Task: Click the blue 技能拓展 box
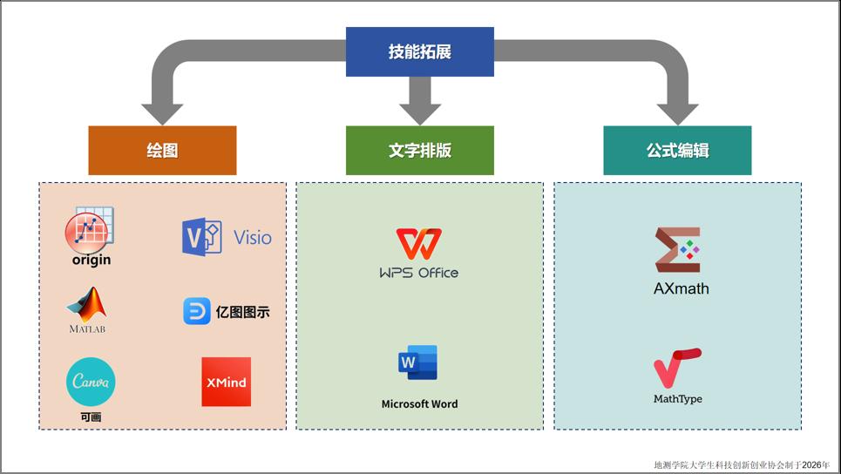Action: click(419, 51)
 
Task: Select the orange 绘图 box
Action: click(162, 150)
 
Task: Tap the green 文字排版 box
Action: click(419, 150)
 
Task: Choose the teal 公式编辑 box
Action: click(677, 150)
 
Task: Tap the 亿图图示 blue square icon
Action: click(197, 311)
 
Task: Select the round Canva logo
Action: click(91, 382)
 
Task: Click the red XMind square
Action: click(226, 382)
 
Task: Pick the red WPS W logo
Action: click(418, 245)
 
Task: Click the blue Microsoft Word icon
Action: click(418, 362)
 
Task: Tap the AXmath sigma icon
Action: click(677, 251)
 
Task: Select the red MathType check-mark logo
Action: click(677, 368)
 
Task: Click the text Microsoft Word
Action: click(419, 404)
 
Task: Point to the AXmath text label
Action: click(681, 288)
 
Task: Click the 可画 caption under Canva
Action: click(91, 417)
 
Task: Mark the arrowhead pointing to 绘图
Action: click(162, 114)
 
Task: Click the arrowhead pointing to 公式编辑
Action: click(677, 114)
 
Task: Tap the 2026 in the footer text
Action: click(813, 465)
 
